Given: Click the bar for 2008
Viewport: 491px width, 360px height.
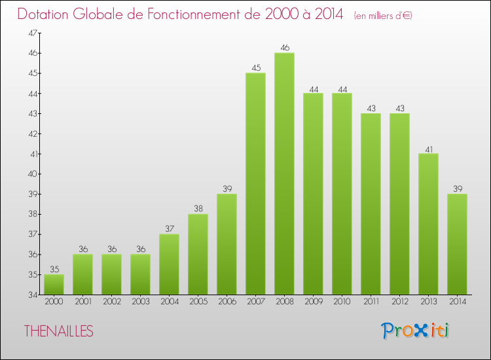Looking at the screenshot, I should pyautogui.click(x=284, y=173).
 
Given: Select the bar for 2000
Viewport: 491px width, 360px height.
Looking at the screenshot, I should pyautogui.click(x=54, y=285).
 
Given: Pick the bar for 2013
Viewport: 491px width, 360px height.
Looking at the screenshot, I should pyautogui.click(x=428, y=224).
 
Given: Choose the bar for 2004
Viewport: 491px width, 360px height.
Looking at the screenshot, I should pyautogui.click(x=169, y=264).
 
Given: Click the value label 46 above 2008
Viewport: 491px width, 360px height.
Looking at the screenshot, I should pyautogui.click(x=284, y=47).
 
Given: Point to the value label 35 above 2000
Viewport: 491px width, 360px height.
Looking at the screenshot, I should pyautogui.click(x=54, y=269).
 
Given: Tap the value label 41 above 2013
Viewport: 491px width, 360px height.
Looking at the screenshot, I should pyautogui.click(x=428, y=148).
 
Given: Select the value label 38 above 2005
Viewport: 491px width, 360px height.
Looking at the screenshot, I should pyautogui.click(x=198, y=209).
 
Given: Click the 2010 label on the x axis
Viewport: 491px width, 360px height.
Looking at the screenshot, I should pyautogui.click(x=342, y=302).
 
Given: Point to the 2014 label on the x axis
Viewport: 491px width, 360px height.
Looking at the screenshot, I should pyautogui.click(x=457, y=302).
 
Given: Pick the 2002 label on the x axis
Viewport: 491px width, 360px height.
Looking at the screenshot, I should pyautogui.click(x=111, y=302).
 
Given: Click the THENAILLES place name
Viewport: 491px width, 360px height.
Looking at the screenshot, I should pyautogui.click(x=59, y=331).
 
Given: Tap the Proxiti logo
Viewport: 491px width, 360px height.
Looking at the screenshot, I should pyautogui.click(x=415, y=331).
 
